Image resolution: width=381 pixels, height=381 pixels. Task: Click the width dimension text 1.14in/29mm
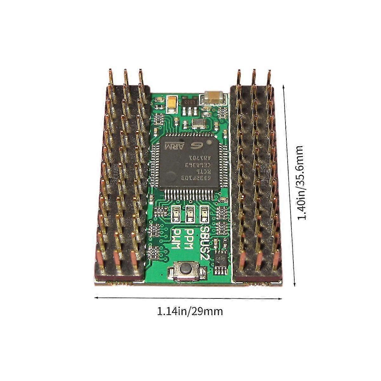[x=190, y=311]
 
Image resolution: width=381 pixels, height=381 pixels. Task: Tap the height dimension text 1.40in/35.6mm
[x=301, y=183]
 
